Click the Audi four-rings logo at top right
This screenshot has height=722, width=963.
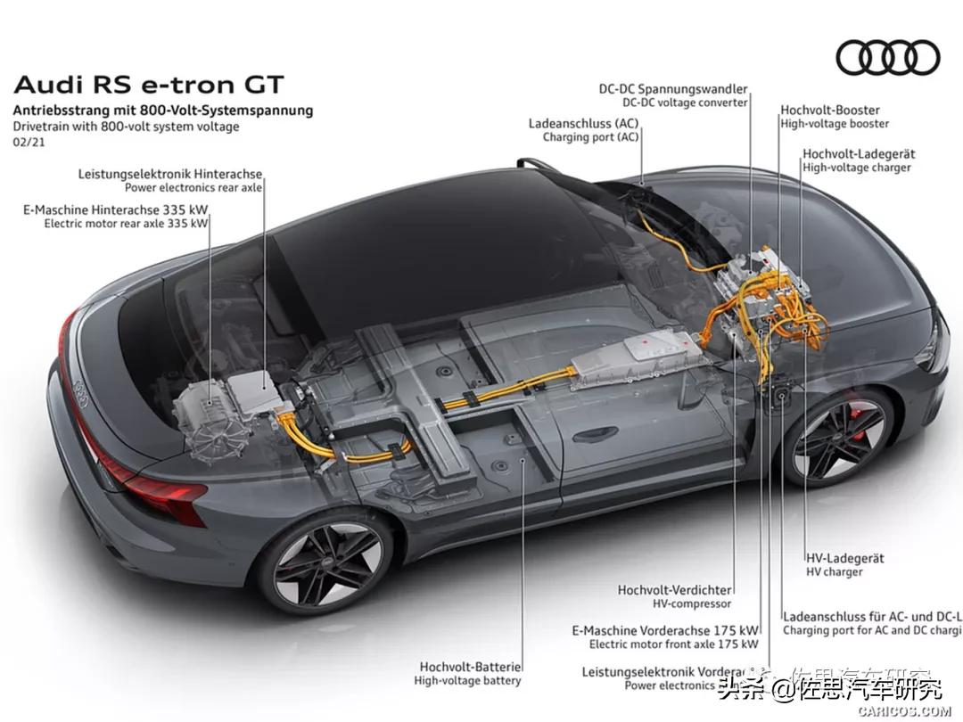pos(887,58)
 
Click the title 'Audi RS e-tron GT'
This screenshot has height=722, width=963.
pos(149,86)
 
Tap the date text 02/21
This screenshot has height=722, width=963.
pos(29,142)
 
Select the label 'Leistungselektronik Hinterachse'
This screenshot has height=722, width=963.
pos(170,174)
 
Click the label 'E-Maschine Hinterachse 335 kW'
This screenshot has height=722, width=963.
pos(115,209)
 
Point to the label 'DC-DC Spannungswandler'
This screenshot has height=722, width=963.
pos(673,89)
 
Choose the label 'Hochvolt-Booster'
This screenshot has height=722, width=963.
pos(830,111)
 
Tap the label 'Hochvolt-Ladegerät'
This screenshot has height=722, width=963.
pos(858,154)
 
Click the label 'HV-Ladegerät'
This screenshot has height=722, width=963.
pos(844,558)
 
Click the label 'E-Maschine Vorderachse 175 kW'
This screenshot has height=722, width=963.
pos(665,629)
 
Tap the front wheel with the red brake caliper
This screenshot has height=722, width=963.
pos(838,437)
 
